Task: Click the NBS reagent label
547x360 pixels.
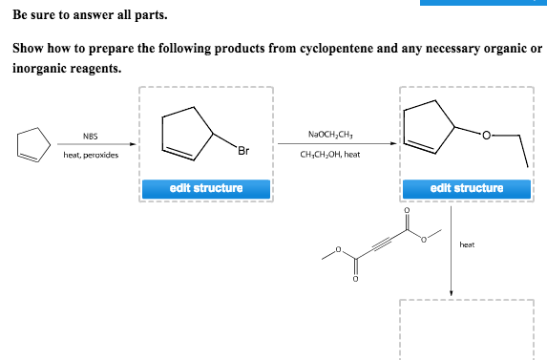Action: pos(90,136)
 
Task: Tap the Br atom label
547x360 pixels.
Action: pos(244,150)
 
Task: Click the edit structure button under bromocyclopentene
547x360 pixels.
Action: pos(206,188)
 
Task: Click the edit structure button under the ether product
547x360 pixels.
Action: pos(467,188)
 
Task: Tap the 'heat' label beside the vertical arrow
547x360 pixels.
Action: pos(467,244)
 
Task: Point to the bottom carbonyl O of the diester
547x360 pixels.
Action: pos(354,281)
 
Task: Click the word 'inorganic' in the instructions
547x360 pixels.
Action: pos(39,68)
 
